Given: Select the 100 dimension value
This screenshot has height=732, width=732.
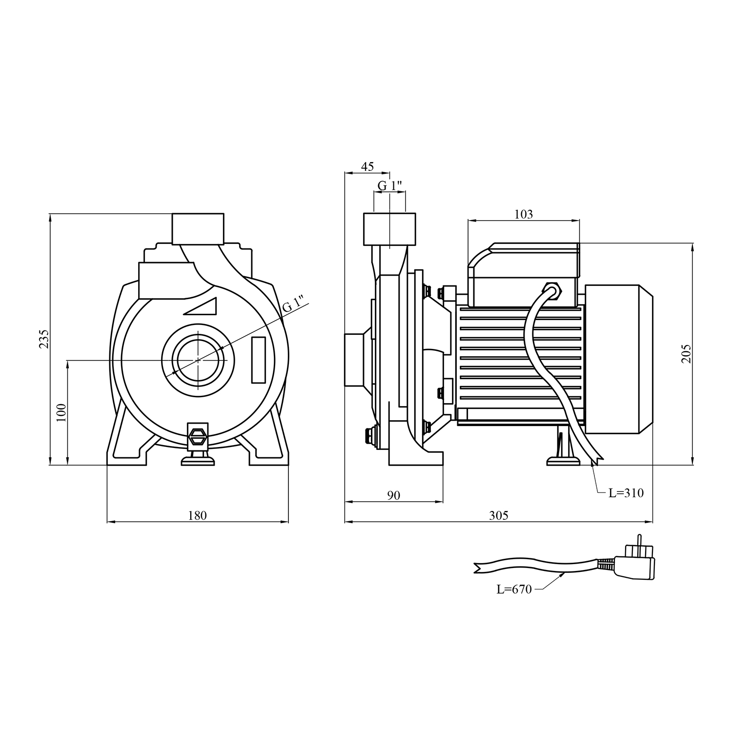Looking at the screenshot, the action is pyautogui.click(x=61, y=412).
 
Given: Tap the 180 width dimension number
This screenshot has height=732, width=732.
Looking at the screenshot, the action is pyautogui.click(x=198, y=515).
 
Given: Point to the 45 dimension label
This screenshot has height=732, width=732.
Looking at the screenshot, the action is pyautogui.click(x=367, y=166).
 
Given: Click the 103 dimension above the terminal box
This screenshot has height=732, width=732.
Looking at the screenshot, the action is pyautogui.click(x=524, y=214).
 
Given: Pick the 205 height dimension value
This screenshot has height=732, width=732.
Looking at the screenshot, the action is pyautogui.click(x=686, y=353).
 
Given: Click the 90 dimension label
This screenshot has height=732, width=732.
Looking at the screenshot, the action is pyautogui.click(x=393, y=495).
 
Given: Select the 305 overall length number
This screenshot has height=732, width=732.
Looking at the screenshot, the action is pyautogui.click(x=498, y=515).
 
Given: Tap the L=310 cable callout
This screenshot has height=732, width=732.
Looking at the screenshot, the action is pyautogui.click(x=626, y=493).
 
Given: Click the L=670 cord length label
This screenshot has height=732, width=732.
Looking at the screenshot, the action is pyautogui.click(x=514, y=590).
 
